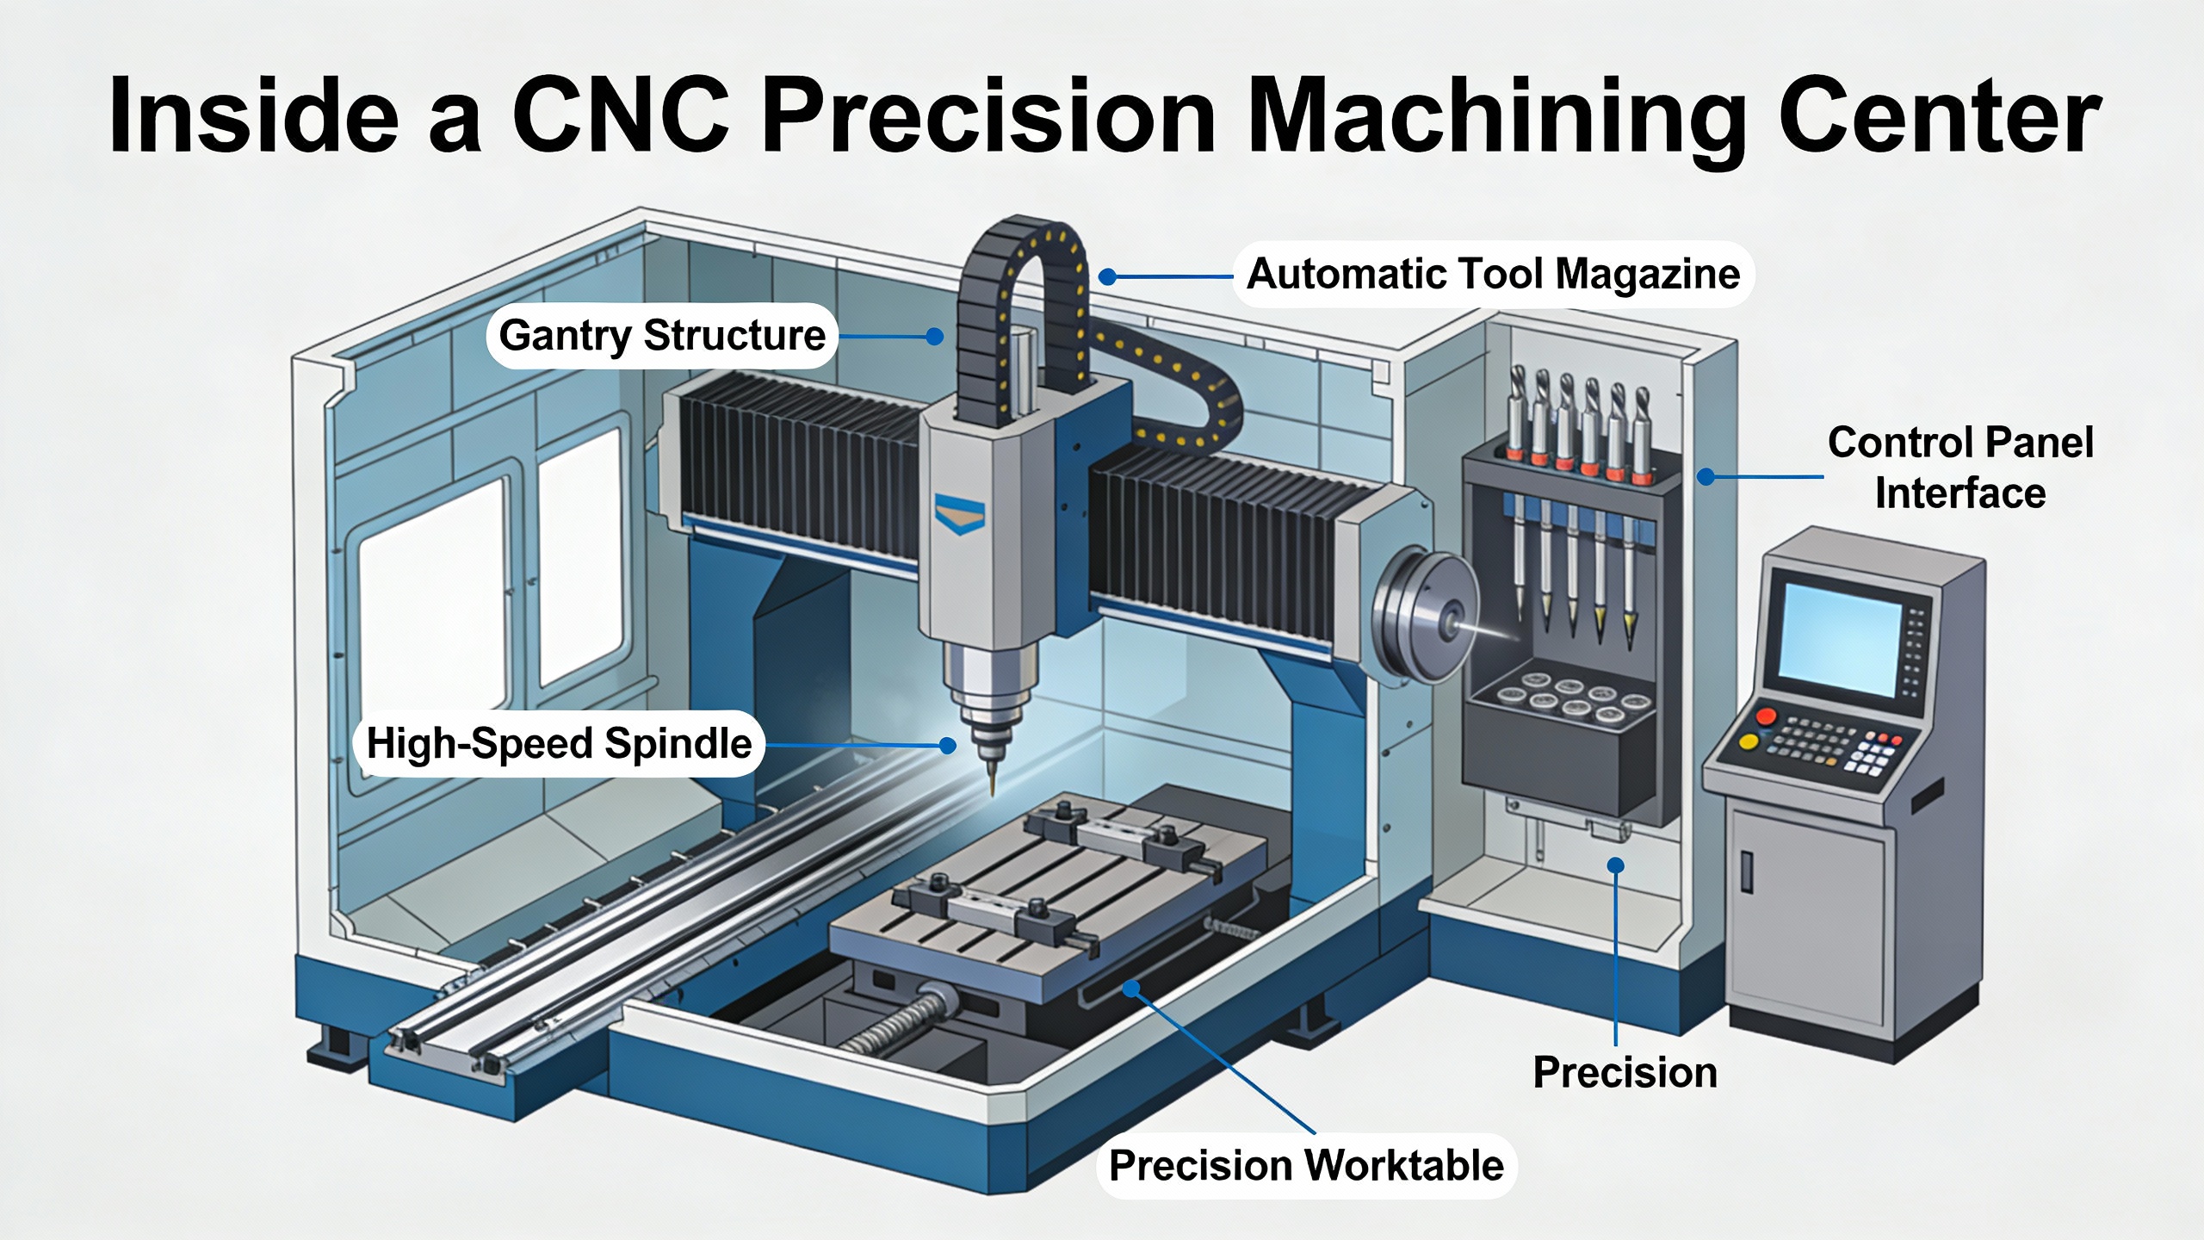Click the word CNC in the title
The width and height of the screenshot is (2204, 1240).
pos(622,115)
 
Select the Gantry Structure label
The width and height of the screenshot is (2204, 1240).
pos(662,335)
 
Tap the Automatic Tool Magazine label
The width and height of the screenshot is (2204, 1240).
pos(1493,274)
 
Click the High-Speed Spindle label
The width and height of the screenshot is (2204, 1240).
pos(559,743)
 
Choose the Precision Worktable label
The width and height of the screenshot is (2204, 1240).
pos(1306,1165)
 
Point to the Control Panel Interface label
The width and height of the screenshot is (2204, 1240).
pos(1960,468)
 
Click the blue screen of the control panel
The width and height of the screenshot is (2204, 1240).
pos(1839,638)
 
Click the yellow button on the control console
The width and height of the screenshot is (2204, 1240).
pos(1749,742)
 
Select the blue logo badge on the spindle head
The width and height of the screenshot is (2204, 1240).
pos(959,514)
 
